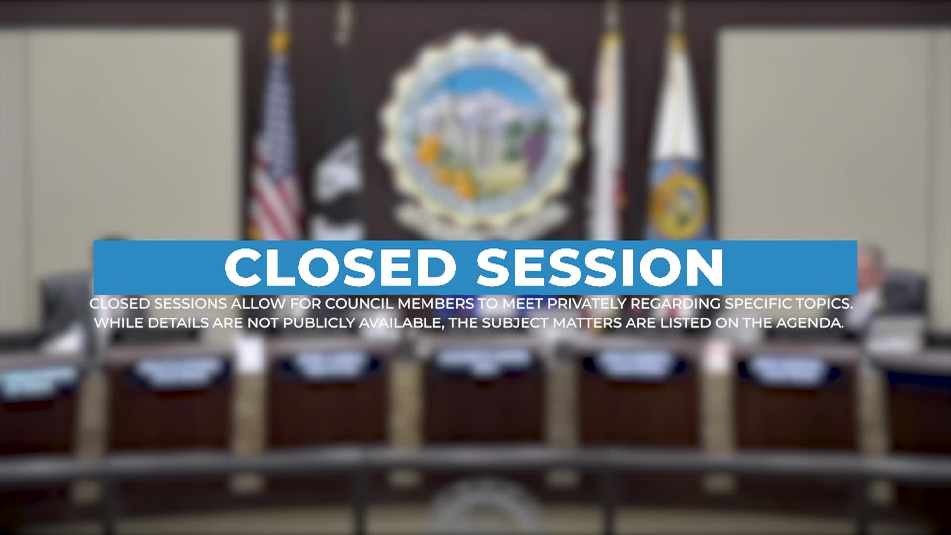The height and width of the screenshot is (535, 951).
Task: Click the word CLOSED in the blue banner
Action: click(340, 267)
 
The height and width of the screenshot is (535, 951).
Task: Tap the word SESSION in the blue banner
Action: click(600, 267)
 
